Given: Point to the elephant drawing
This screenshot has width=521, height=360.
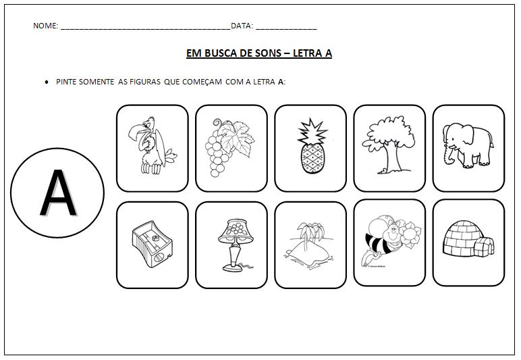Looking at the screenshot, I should pos(468,145).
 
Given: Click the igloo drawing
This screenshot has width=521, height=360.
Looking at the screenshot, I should pos(468,242).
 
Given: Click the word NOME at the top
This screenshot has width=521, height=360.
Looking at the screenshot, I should pos(45,26).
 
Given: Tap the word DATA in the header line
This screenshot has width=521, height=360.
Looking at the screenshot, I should pos(241,26).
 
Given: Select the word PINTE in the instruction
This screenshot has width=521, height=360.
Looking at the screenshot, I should pos(67,82).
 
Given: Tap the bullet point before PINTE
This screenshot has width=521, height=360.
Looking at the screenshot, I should pos(46,82).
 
